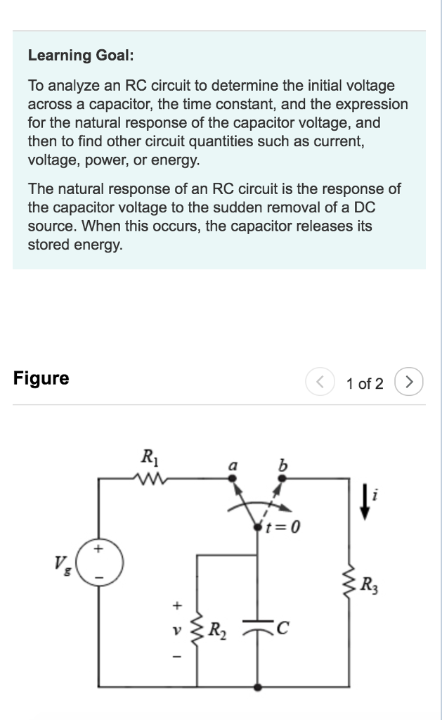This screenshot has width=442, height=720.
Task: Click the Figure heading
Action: [41, 378]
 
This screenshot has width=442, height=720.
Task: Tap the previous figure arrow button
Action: [316, 383]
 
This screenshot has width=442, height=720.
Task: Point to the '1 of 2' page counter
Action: [365, 384]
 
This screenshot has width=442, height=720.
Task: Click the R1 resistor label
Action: [150, 456]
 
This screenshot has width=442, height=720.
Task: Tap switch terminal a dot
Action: [234, 479]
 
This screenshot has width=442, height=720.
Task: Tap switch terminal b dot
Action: [281, 479]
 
